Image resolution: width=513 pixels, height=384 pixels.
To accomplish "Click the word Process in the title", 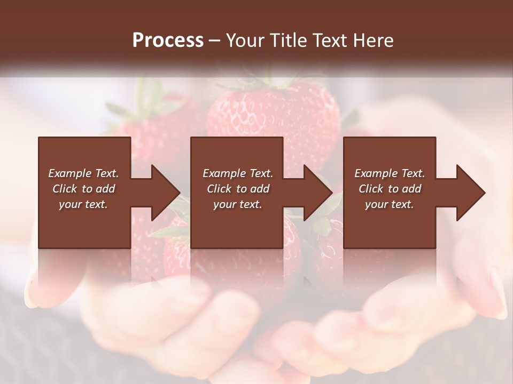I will coord(168,41).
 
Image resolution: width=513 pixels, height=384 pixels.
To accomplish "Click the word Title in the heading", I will coord(289,41).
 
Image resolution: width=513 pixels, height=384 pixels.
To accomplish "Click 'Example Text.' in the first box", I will coord(83,173).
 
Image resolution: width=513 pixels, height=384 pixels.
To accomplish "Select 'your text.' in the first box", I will coord(83,204).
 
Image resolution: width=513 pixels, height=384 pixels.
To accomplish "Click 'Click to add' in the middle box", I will coord(238,189).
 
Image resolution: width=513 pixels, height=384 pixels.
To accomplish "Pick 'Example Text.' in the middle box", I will coord(238,173).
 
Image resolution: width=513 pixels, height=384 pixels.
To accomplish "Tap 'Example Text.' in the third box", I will coord(390,173).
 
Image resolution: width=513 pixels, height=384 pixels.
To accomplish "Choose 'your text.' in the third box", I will coord(390,204).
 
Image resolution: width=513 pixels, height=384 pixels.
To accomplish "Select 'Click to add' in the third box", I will coord(390,189).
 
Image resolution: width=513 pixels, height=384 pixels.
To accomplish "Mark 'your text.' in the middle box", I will coord(238,204).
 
